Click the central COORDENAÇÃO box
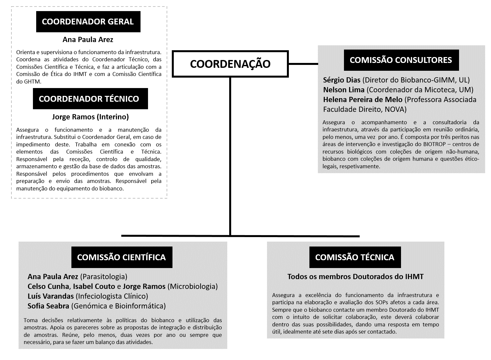click(230, 64)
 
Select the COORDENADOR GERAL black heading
click(88, 22)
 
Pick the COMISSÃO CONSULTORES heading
click(401, 60)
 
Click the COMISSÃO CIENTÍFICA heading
click(121, 257)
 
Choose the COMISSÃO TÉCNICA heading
click(355, 257)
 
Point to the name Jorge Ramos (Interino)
click(90, 117)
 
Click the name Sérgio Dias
click(342, 80)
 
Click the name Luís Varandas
click(51, 296)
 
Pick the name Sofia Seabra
click(48, 306)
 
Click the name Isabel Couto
click(94, 286)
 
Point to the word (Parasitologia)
click(103, 277)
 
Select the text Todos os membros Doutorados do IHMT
click(355, 277)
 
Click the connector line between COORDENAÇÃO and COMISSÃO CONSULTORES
click(303, 64)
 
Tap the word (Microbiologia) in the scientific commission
click(192, 286)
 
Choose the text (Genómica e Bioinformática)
click(118, 306)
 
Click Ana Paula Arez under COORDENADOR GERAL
click(88, 40)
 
